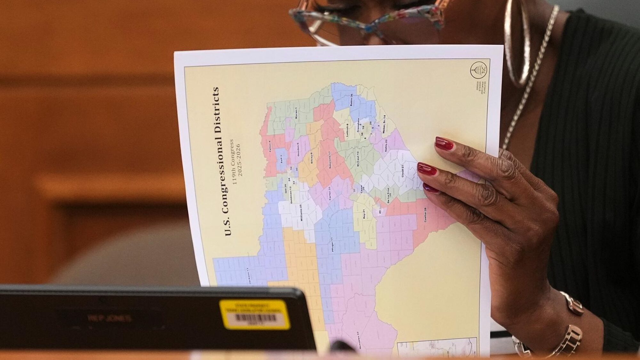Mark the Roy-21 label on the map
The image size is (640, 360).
[364, 213]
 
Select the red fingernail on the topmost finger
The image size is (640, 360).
[444, 144]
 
